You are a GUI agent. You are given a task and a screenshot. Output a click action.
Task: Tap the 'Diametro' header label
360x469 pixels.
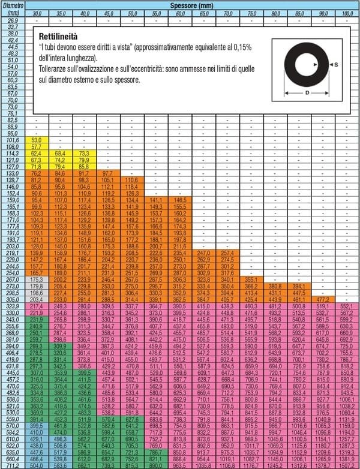point(14,5)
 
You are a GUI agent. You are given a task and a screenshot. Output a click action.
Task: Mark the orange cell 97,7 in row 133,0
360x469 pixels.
point(108,173)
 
